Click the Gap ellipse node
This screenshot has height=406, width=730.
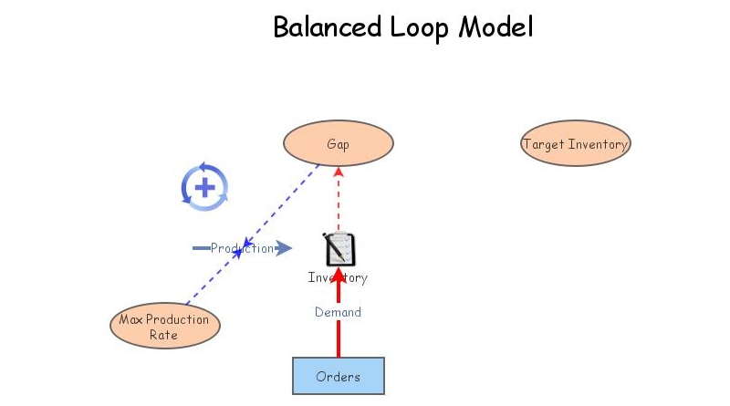coord(338,144)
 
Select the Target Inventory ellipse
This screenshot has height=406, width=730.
coord(575,144)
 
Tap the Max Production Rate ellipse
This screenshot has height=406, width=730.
coord(164,327)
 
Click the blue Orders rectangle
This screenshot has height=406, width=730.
coord(338,376)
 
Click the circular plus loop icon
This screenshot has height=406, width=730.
coord(204,188)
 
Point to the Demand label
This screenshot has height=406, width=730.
coord(338,312)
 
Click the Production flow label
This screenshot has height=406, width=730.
coord(241,248)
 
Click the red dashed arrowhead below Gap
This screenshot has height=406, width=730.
coord(339,172)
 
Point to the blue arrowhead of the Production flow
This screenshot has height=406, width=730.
coord(284,248)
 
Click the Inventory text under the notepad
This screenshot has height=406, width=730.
coord(338,278)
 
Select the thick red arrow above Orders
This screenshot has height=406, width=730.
coord(339,338)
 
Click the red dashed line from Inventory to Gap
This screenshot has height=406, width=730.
coord(339,205)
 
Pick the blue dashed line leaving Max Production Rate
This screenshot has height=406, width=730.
coord(205,283)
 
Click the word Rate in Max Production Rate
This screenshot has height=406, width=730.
coord(164,335)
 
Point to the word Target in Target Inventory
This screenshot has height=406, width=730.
coord(544,144)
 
